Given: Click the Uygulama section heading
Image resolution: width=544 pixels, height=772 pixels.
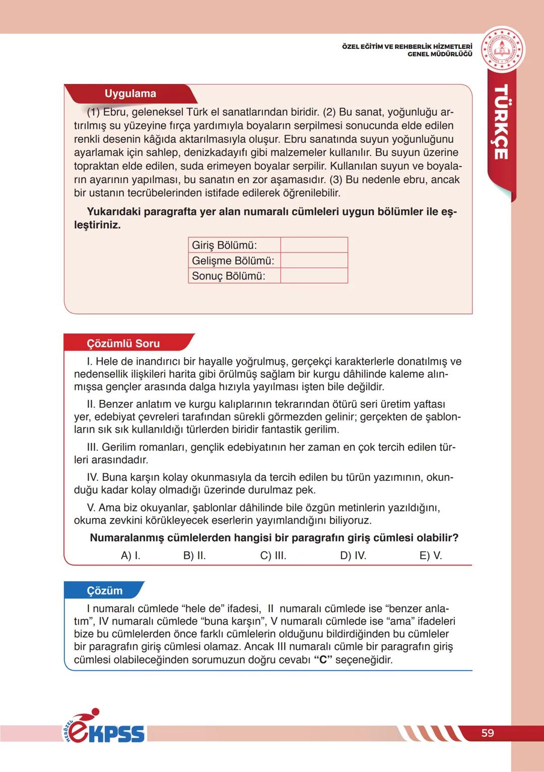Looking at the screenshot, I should [130, 94].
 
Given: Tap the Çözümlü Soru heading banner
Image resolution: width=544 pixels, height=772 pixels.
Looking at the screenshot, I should [123, 344].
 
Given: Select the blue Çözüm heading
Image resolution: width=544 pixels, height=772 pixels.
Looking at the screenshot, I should [105, 590].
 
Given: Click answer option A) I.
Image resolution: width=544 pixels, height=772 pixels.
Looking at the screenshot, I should [130, 556].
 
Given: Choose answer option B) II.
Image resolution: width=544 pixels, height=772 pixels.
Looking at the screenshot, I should [194, 556].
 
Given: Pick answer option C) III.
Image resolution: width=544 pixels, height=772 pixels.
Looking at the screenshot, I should [273, 556].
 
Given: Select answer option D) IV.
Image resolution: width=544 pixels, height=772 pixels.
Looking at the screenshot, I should [353, 556].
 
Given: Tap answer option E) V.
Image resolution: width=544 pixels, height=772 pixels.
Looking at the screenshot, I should [431, 556].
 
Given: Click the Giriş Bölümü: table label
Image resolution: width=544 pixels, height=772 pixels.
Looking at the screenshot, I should [224, 245].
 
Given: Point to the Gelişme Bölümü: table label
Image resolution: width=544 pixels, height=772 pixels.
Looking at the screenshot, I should [233, 261].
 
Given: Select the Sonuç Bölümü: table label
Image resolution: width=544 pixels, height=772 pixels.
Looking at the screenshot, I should [228, 276].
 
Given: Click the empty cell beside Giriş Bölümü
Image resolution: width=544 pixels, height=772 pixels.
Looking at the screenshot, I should [314, 245].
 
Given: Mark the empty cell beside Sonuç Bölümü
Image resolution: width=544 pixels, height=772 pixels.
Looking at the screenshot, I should [314, 276].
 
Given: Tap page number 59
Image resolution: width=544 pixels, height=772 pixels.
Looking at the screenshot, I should [488, 733].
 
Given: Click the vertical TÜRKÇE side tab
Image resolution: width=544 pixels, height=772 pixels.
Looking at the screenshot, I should [500, 122].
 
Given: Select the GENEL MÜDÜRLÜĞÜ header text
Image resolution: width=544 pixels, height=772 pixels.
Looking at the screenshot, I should [440, 54].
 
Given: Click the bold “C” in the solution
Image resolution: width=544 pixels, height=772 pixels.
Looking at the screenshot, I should [323, 660].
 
